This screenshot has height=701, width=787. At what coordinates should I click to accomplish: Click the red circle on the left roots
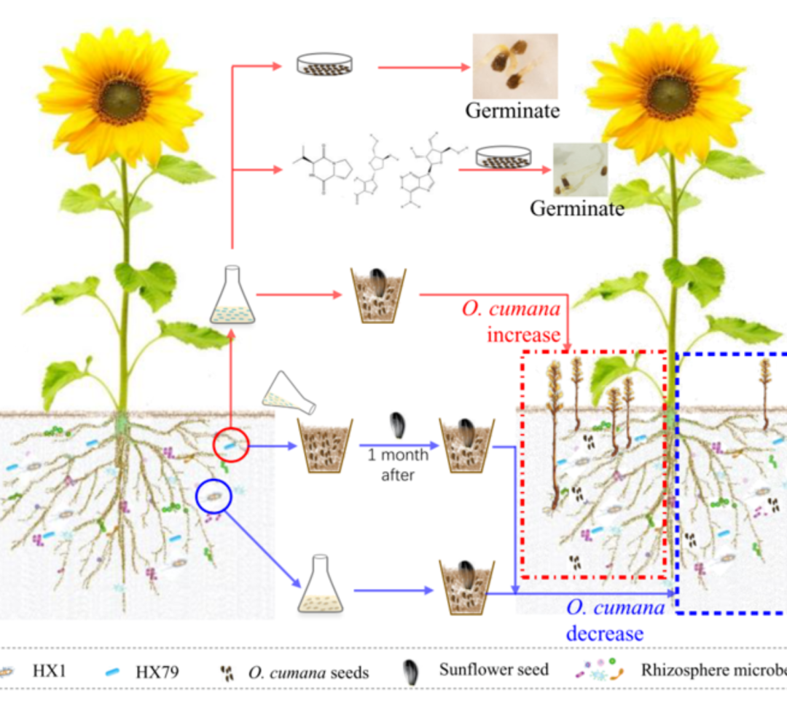(231, 444)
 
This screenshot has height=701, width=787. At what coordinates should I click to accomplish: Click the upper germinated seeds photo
(514, 66)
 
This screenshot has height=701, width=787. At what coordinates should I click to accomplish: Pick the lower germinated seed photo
(580, 170)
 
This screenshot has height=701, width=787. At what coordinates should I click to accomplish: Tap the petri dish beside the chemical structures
(502, 159)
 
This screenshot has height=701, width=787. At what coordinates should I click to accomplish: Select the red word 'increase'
(524, 335)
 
